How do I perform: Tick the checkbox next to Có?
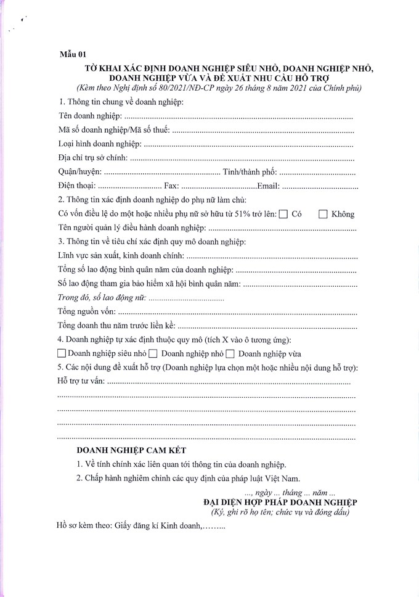point(283,215)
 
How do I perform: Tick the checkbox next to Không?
point(323,215)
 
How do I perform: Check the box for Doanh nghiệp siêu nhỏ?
point(61,354)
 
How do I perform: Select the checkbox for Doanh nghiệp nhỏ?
point(153,354)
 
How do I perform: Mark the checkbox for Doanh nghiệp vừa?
point(230,354)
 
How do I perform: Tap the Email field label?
point(269,186)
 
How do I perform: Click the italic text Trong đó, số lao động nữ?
point(102,298)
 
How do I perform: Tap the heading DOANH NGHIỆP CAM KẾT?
point(131,451)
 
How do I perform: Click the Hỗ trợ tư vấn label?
point(81,382)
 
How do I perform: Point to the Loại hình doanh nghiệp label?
point(99,144)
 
